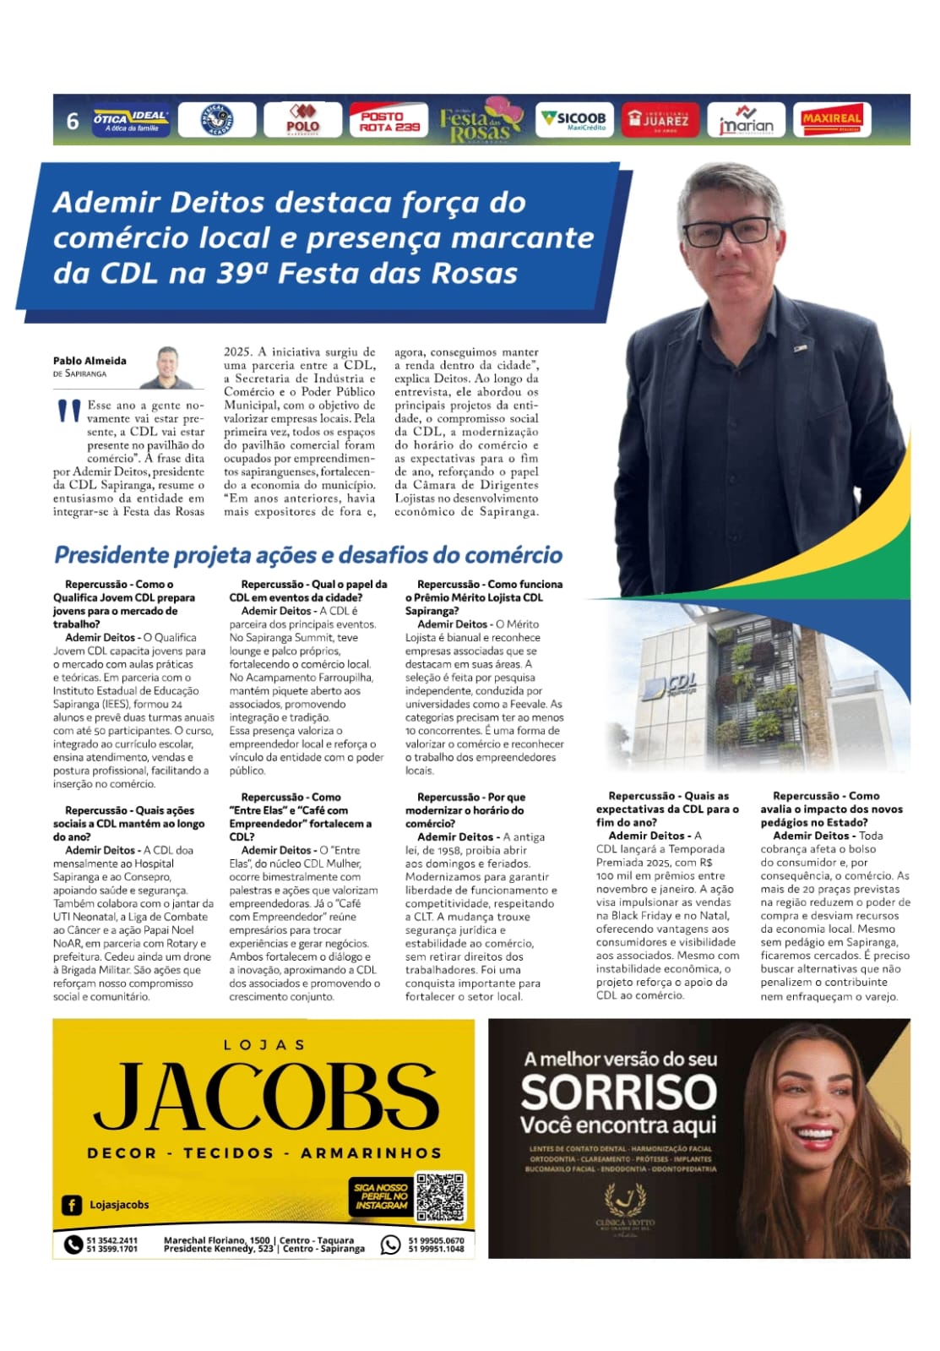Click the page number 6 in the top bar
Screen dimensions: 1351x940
click(73, 121)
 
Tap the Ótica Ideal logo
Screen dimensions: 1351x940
click(131, 120)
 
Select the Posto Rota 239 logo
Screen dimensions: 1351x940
click(388, 121)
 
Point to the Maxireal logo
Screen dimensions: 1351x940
click(831, 120)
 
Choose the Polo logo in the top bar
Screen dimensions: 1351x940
click(302, 120)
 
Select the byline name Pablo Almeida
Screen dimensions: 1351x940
click(90, 361)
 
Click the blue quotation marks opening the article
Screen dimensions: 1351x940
click(68, 411)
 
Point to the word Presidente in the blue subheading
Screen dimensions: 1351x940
click(111, 555)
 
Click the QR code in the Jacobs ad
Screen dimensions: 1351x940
click(440, 1196)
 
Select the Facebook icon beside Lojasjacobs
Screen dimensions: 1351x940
click(72, 1205)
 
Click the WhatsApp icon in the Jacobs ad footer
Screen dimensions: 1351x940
click(390, 1245)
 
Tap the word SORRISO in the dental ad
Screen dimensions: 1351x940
click(618, 1093)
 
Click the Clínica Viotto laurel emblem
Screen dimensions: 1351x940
click(626, 1201)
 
